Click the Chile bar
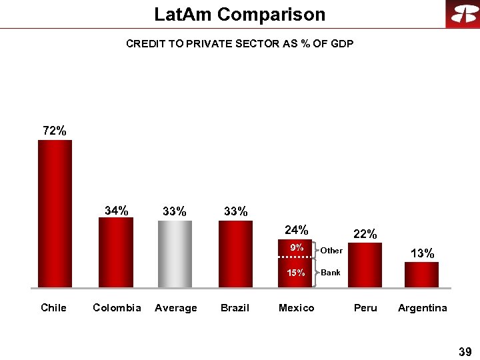[55, 213]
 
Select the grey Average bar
[175, 254]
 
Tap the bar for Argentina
[421, 275]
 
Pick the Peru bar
[365, 265]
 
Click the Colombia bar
[115, 253]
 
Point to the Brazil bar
[235, 254]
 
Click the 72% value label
[55, 131]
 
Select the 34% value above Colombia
[117, 211]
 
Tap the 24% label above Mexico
[296, 230]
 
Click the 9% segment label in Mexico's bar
[296, 248]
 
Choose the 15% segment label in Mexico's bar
[296, 273]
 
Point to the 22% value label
[365, 234]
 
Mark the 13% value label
[423, 253]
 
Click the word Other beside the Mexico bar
[331, 251]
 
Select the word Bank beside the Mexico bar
[331, 273]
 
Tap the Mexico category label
[296, 308]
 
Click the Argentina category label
[423, 308]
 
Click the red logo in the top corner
[463, 14]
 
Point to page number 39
[465, 351]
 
